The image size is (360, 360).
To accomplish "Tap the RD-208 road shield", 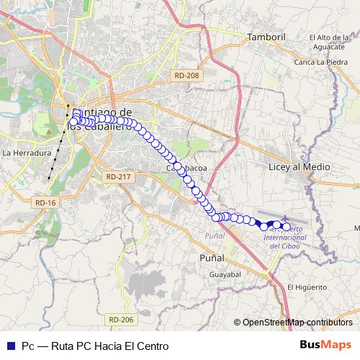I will pos(186,75).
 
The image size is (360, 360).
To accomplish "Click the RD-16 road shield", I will pos(45,203).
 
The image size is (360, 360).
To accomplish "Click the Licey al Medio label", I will pos(299,167).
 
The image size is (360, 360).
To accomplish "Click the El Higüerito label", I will pos(307,287).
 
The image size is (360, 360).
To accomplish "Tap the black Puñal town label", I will pos(211,258).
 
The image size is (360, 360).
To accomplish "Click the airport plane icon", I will pos(287,217).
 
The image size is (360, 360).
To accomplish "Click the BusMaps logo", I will pos(325,346).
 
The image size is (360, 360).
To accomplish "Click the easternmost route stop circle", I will pos(286,227).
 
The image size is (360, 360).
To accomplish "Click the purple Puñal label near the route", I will pos(215,235).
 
